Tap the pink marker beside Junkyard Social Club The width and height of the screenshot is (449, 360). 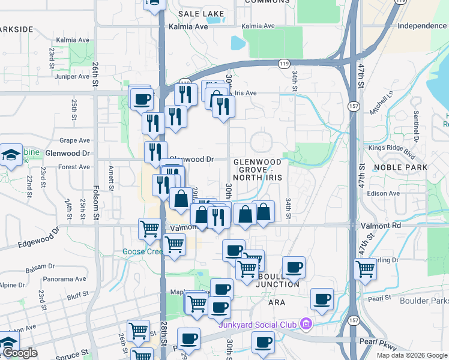coord(306,325)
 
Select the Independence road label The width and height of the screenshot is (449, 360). coord(422,26)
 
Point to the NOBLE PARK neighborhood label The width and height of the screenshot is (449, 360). coord(400,167)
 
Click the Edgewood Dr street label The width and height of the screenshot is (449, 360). coord(39,239)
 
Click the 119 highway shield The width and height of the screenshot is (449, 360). coord(285,62)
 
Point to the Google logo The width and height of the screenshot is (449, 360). coord(20,353)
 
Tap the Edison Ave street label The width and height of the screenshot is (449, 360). coord(384,194)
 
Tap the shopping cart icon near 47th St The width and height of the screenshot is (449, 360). coord(365,269)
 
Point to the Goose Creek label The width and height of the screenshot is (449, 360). coord(140,251)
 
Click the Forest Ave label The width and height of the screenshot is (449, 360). coord(74,167)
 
